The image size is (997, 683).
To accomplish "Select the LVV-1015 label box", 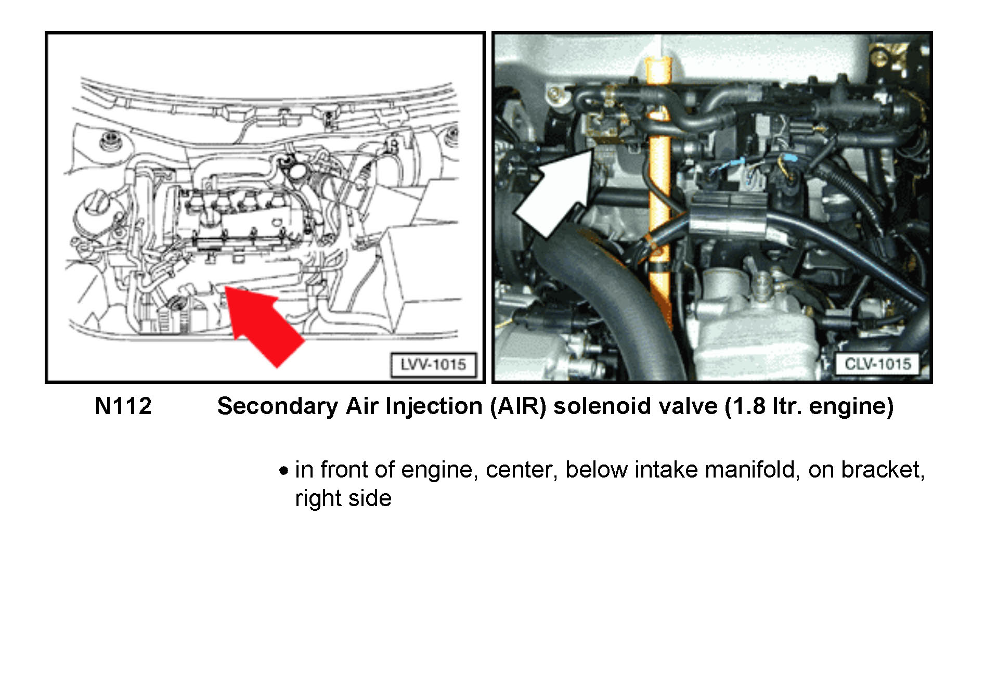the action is click(433, 364).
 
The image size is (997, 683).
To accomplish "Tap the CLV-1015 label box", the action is click(877, 364).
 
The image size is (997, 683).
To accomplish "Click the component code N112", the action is click(123, 406).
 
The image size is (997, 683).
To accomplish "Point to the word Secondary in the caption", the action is click(278, 406).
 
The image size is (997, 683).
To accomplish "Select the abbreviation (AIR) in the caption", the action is click(518, 406).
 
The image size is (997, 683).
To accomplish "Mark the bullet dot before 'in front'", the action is click(283, 471).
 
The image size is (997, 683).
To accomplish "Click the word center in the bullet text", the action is click(522, 470).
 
